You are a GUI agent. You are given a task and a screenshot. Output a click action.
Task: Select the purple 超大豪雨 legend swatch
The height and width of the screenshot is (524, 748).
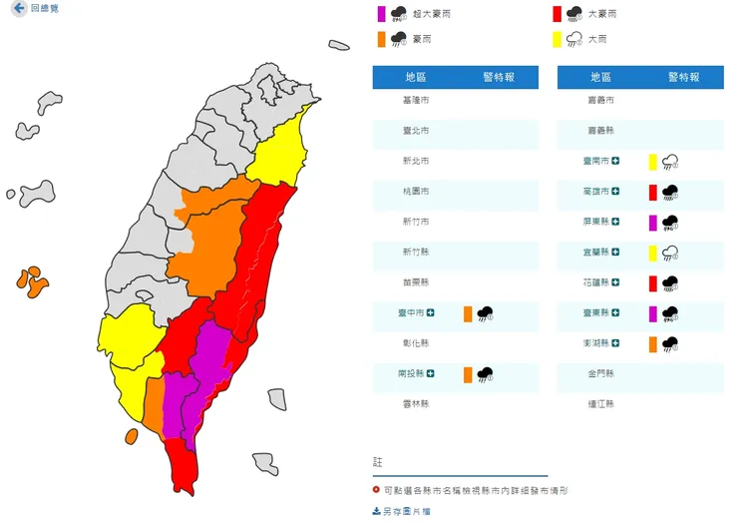click(x=380, y=14)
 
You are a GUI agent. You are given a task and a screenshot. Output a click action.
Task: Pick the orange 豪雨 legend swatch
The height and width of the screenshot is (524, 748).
click(x=380, y=40)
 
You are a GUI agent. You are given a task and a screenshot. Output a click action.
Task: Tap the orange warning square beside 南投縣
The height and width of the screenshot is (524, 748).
click(x=467, y=375)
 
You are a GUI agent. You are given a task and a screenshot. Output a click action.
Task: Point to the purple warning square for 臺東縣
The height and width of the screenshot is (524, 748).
click(x=652, y=313)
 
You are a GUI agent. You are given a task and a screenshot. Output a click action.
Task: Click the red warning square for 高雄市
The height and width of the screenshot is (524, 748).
click(x=652, y=192)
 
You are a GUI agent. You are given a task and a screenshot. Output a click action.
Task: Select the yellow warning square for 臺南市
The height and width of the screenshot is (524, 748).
click(x=652, y=161)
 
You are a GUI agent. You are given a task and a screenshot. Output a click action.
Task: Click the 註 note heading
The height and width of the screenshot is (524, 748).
click(x=377, y=462)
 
